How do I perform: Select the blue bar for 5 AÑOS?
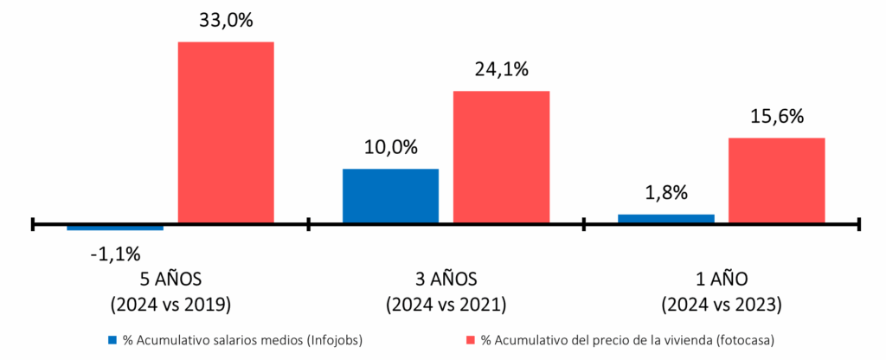[115, 228]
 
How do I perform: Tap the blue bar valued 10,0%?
[390, 196]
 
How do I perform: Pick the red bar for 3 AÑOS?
[502, 157]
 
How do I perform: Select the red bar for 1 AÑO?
[777, 181]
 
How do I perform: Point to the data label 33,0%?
[226, 20]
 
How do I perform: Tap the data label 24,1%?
[502, 69]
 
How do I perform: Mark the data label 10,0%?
[390, 147]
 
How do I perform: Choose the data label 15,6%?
[777, 116]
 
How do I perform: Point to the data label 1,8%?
[666, 193]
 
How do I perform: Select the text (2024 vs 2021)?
[446, 305]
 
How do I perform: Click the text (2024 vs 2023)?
[722, 305]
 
